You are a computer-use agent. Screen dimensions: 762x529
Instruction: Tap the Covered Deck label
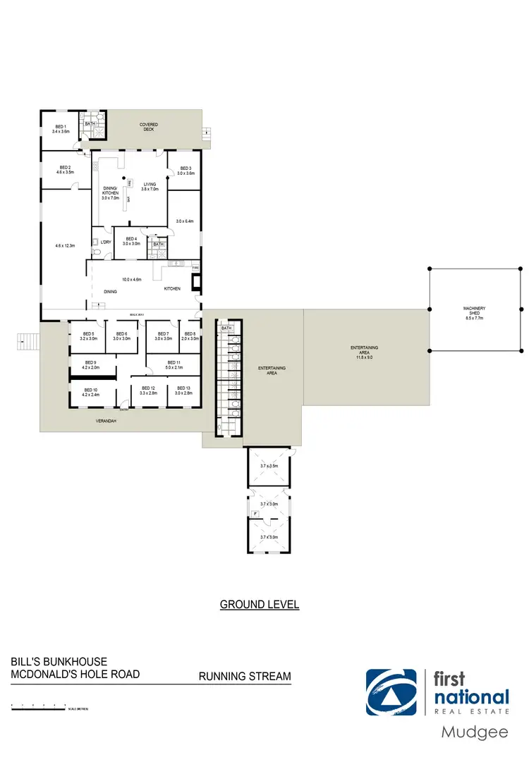click(x=148, y=127)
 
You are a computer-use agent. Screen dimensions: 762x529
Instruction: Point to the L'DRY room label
click(x=106, y=242)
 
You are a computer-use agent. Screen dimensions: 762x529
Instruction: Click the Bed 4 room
click(x=131, y=241)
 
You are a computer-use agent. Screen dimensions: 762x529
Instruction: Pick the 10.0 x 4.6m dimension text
click(x=132, y=280)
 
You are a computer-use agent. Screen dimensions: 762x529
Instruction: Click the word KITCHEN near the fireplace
click(x=172, y=288)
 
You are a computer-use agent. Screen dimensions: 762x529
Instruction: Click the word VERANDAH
click(x=106, y=421)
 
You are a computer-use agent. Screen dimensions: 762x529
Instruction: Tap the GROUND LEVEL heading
click(x=260, y=604)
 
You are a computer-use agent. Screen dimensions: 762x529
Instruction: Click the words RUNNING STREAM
click(x=245, y=677)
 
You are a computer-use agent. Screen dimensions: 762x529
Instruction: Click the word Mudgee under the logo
click(x=474, y=732)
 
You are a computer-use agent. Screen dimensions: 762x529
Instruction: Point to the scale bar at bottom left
click(x=39, y=705)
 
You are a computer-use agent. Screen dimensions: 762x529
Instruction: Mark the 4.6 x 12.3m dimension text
click(x=64, y=246)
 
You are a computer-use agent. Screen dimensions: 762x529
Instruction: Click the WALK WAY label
click(x=136, y=314)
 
